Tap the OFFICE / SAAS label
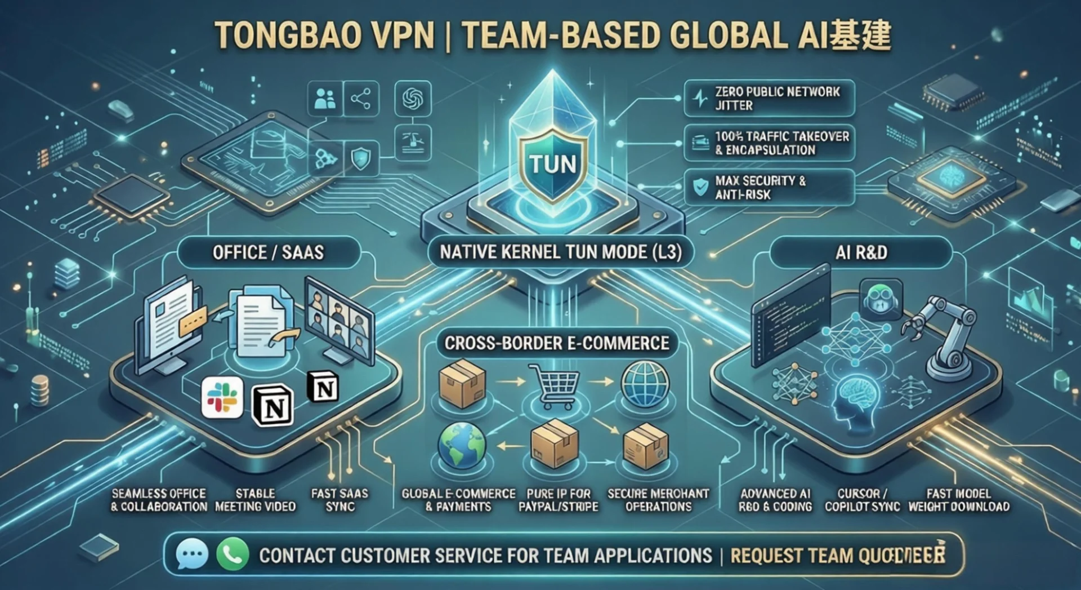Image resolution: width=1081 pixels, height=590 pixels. (x=268, y=252)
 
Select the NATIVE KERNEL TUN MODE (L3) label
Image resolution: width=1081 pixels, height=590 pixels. (x=560, y=252)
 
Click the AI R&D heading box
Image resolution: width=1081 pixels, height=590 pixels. (x=861, y=252)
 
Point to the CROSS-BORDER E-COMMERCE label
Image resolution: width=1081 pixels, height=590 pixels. (x=556, y=343)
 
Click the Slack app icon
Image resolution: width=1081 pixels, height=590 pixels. (x=222, y=398)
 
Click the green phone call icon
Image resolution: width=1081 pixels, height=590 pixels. (x=232, y=554)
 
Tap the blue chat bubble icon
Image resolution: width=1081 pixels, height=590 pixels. (x=191, y=554)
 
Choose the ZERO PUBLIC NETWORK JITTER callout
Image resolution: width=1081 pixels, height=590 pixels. (x=769, y=98)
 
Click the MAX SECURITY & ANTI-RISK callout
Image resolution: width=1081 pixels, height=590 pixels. (x=769, y=188)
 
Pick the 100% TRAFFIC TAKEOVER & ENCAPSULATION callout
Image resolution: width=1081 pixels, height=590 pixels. (x=769, y=143)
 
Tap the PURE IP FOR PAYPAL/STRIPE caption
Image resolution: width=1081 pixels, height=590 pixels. (x=558, y=500)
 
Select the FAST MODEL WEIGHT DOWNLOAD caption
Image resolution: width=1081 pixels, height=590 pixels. (x=958, y=500)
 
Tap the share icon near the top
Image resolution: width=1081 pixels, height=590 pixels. (x=360, y=99)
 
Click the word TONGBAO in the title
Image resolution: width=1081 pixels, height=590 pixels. (x=288, y=35)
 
